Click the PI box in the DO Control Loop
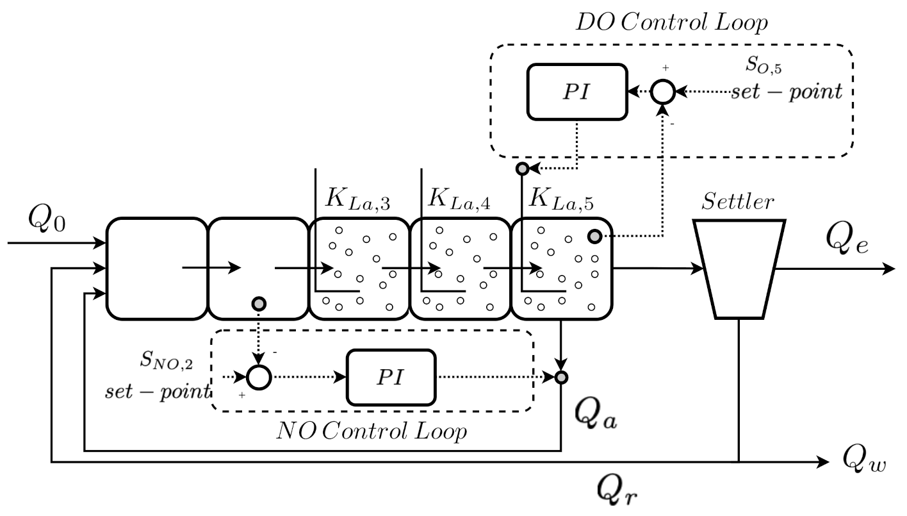point(576,92)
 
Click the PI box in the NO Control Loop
point(391,378)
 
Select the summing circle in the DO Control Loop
point(663,92)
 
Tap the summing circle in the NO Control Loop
point(259,378)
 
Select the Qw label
point(864,460)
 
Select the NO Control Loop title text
point(371,431)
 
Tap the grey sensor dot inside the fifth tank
point(595,237)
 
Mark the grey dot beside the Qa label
point(561,378)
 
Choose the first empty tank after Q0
point(157,269)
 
